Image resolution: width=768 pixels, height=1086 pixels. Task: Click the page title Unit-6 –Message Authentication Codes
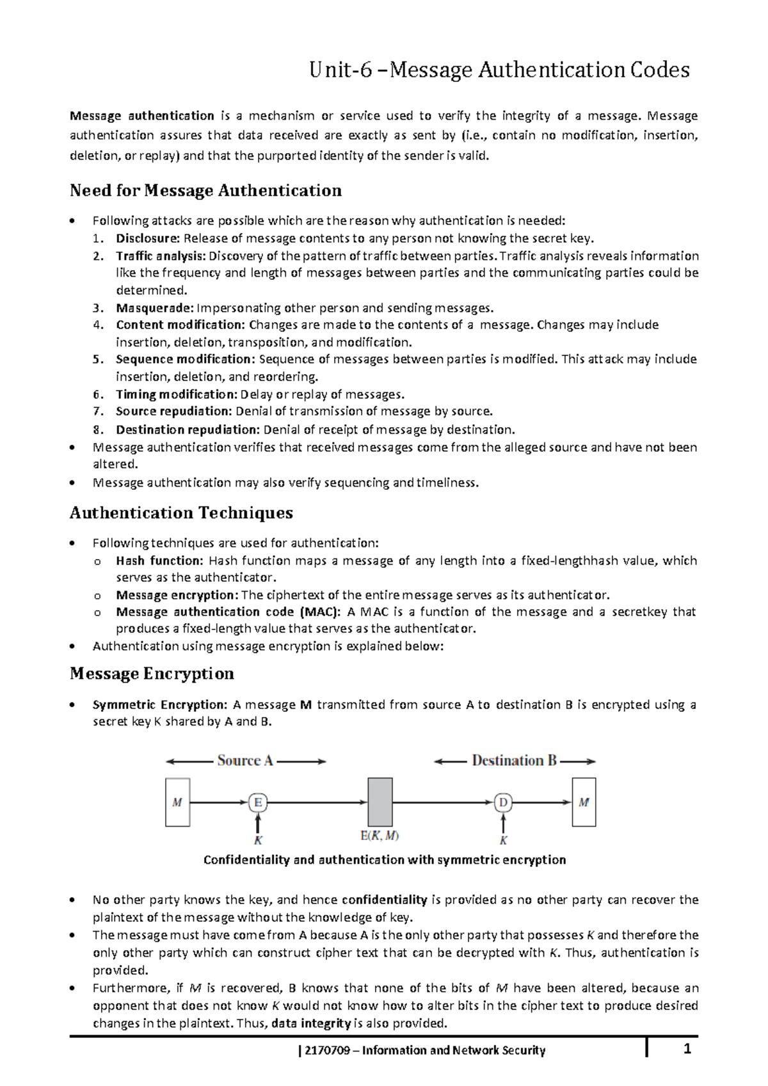pos(499,70)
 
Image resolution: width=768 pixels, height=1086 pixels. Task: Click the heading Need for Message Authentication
pos(205,190)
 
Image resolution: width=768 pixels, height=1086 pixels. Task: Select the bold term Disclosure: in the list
pos(148,239)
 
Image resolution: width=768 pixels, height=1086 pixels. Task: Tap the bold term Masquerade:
pos(154,308)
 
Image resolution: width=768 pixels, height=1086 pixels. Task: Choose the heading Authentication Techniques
pos(181,513)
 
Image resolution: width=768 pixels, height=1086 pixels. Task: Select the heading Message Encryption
pos(152,674)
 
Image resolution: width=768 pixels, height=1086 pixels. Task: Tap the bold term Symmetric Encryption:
pos(160,705)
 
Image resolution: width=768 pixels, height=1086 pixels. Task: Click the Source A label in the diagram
pos(245,761)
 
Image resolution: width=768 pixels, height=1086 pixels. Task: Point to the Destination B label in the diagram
pos(514,761)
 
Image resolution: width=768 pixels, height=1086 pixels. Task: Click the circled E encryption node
pos(257,802)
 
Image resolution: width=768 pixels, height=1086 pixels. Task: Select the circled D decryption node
pos(504,802)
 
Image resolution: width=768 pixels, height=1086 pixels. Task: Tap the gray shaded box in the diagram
pos(380,802)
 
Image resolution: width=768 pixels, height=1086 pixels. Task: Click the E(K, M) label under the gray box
pos(380,836)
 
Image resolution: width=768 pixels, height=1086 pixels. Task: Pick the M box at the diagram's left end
pos(177,802)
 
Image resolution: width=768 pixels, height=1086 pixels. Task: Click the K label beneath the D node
pos(504,840)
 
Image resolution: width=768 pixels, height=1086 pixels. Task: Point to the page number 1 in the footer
pos(687,1050)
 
